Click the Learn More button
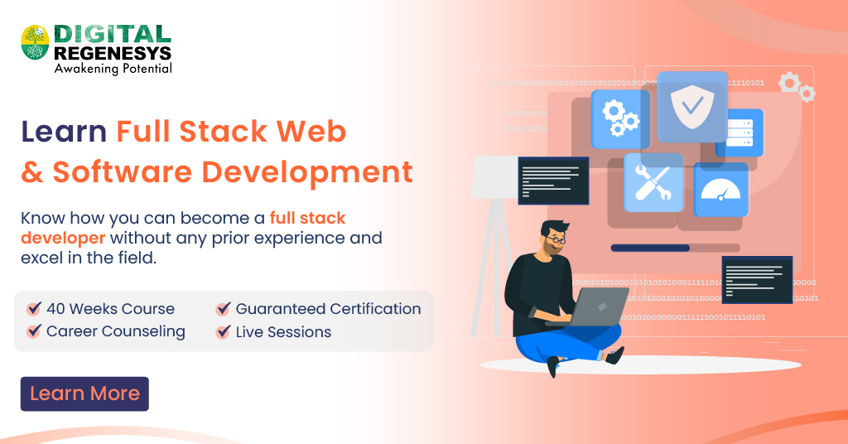pyautogui.click(x=84, y=394)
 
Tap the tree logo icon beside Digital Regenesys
pyautogui.click(x=35, y=41)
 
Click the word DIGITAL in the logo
pyautogui.click(x=113, y=34)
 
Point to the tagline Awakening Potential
pyautogui.click(x=113, y=69)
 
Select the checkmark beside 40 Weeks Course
pyautogui.click(x=34, y=309)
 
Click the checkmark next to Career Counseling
pyautogui.click(x=34, y=332)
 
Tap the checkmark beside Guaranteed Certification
pyautogui.click(x=223, y=309)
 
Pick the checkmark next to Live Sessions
pyautogui.click(x=223, y=332)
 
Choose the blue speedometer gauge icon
pyautogui.click(x=720, y=190)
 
